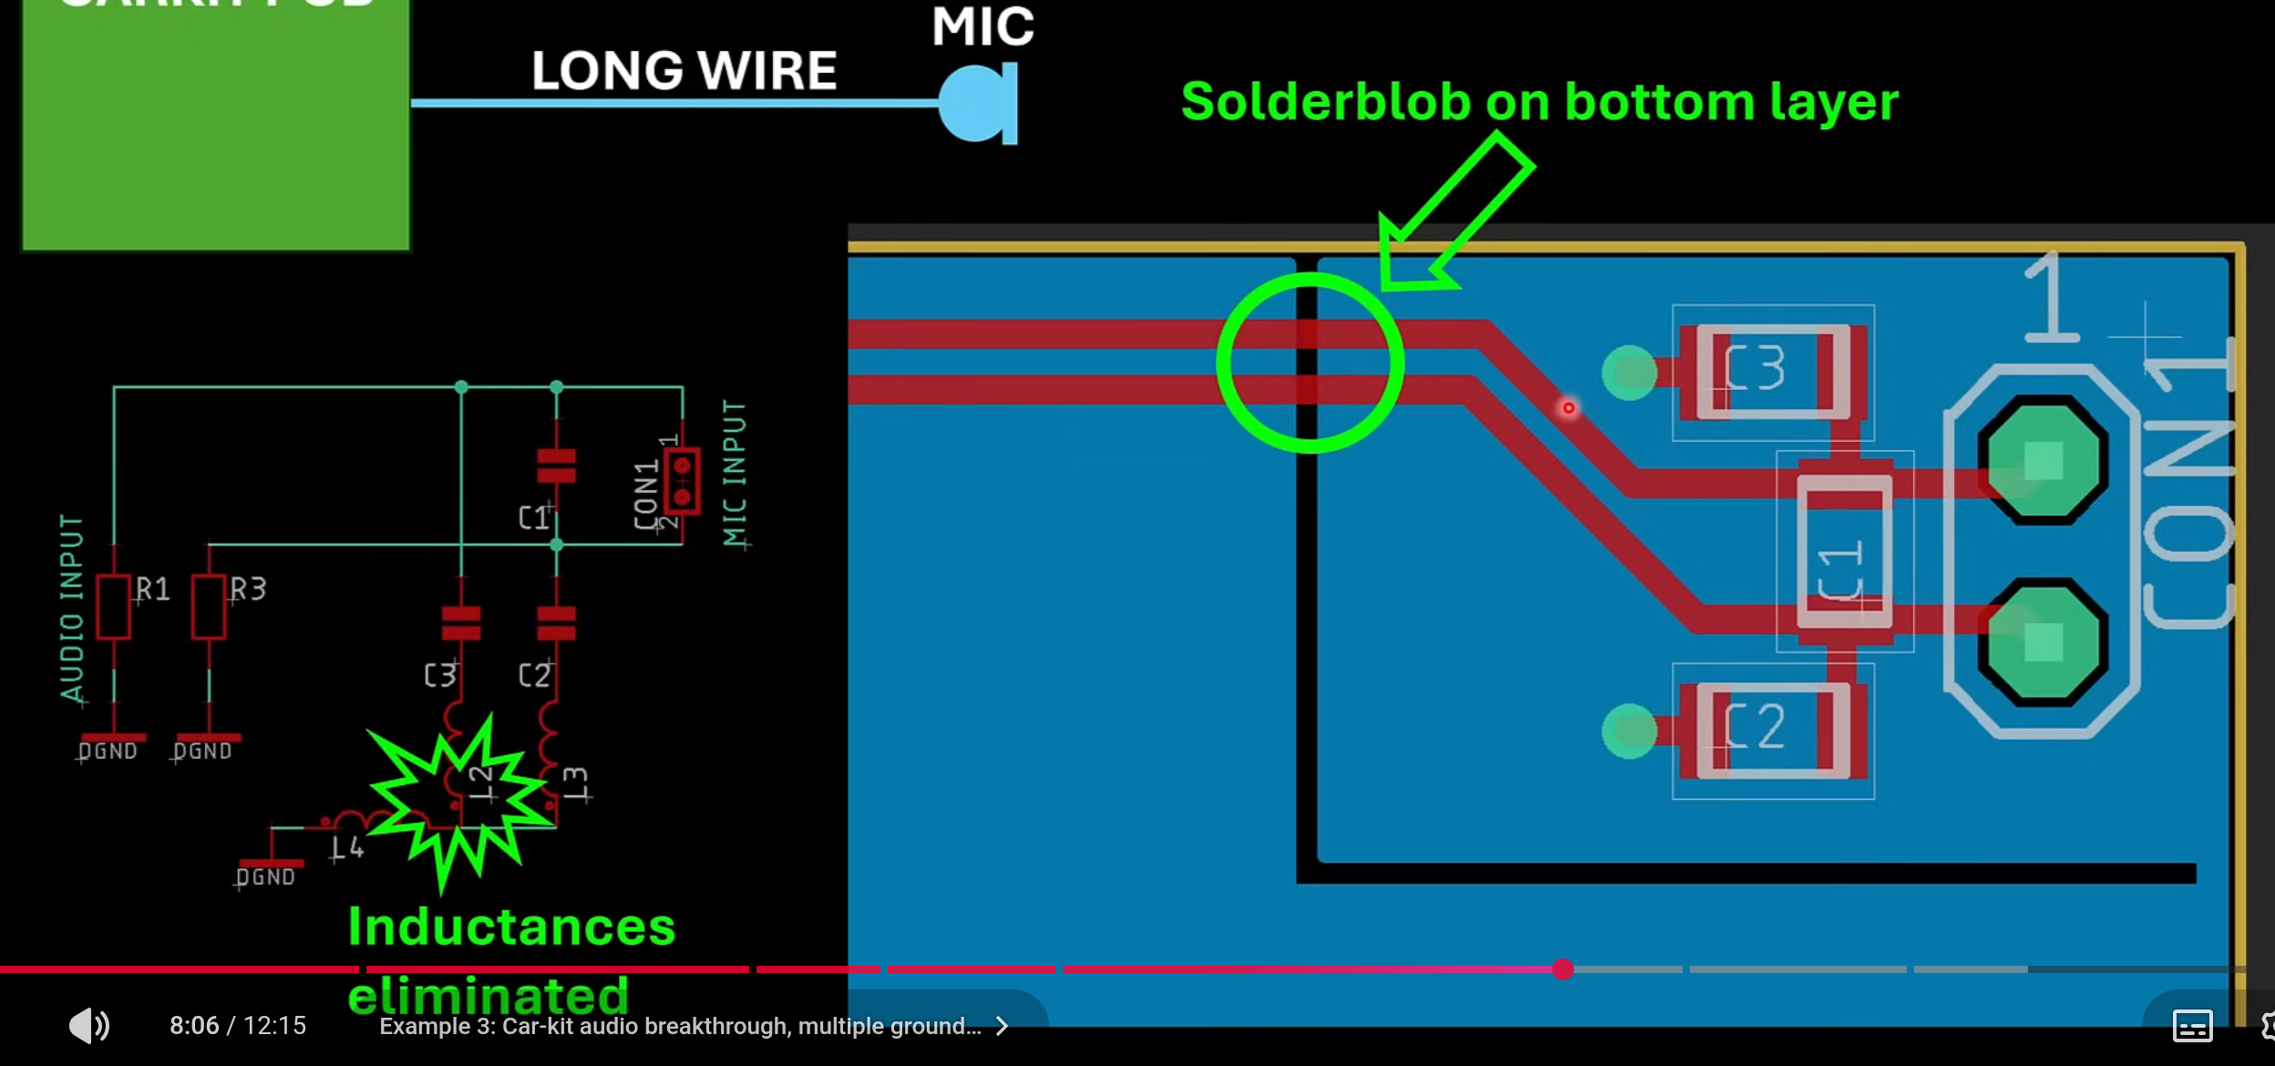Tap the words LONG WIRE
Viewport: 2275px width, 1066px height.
tap(684, 71)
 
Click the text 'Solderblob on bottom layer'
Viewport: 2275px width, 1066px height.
tap(1539, 101)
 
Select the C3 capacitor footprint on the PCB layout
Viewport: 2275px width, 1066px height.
tap(1772, 372)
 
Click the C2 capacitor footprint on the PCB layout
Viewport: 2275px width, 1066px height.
tap(1772, 731)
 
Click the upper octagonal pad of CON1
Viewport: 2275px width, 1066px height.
tap(2043, 460)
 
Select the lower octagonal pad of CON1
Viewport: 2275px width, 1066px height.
tap(2043, 641)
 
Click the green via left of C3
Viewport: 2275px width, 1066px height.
tap(1629, 372)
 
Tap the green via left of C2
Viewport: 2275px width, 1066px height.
tap(1629, 731)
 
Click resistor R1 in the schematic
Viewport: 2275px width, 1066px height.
tap(114, 607)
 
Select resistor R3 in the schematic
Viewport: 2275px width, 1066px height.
tap(209, 607)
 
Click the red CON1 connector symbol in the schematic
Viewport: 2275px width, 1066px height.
tap(682, 481)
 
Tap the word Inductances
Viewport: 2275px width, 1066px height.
tap(511, 928)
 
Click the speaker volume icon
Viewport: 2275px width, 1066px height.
tap(89, 1025)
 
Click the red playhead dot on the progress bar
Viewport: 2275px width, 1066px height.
tap(1563, 969)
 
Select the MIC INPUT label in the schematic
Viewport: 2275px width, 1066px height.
tap(735, 474)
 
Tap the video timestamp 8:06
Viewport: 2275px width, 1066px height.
tap(194, 1026)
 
